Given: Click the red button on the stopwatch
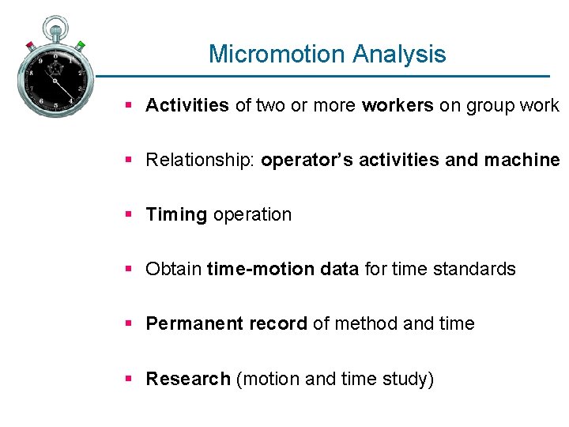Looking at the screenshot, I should pos(30,45).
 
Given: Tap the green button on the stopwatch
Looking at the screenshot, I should pos(81,45).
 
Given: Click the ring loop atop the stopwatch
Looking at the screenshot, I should pos(55,25).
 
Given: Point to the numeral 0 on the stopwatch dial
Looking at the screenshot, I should pos(55,55).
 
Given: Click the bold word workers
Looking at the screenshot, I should pos(398,105).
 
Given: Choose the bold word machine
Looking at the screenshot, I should pos(522,161).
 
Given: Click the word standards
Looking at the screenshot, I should pos(475,270).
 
